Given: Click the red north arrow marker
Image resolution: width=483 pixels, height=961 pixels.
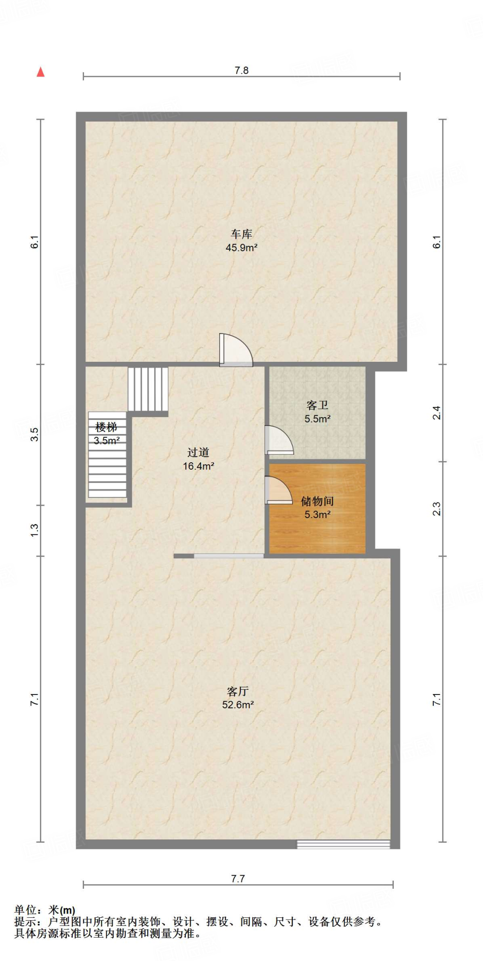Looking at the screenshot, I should coord(41,72).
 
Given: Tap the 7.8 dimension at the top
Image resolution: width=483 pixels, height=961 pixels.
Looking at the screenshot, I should coord(241,70).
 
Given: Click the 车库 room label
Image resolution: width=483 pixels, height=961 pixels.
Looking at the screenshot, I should coord(241,234).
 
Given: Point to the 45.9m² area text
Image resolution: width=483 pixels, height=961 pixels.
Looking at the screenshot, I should coord(241,247).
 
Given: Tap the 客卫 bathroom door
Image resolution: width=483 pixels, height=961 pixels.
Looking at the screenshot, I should coord(279,440).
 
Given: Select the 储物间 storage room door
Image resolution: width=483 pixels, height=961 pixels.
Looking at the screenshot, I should coord(278,490).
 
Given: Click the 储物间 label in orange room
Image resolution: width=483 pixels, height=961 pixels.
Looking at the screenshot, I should coord(317,501).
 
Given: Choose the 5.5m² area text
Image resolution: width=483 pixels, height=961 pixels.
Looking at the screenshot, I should coord(317,419).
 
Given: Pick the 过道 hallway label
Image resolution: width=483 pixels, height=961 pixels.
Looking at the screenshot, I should coord(198,452).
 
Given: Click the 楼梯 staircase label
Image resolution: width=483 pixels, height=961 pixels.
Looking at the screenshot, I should coord(106,427).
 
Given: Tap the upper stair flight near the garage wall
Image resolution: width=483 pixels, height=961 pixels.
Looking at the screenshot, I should coord(148,389).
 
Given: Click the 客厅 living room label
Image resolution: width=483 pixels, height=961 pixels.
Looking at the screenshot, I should coord(238,691).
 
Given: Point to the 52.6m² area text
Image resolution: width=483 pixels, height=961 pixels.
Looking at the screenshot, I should coord(238,704).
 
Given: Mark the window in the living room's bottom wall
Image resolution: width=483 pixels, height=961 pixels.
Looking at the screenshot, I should coord(343,844).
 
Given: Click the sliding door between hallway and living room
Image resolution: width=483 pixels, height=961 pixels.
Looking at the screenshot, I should coord(229,556).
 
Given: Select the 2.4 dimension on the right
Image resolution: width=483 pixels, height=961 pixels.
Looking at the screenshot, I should coord(437,413).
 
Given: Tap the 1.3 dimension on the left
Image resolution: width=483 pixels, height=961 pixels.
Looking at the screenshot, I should coord(34,530).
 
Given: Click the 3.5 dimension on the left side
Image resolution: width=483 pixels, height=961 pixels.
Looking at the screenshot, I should coord(34,435).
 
